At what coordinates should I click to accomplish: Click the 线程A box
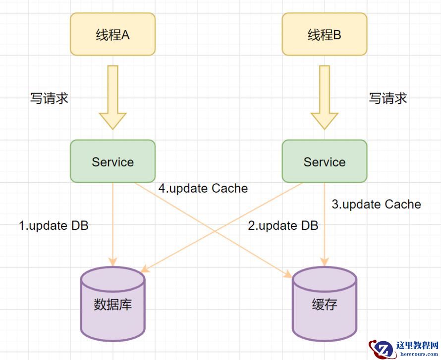click(x=112, y=34)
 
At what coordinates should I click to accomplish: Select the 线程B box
click(x=325, y=34)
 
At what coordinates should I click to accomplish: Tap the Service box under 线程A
click(x=112, y=161)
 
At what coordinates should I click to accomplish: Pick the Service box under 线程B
click(x=325, y=161)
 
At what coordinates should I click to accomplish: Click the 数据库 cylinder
click(x=112, y=303)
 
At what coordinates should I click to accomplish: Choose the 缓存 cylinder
click(x=325, y=303)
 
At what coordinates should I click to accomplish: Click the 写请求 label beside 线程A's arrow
click(x=49, y=98)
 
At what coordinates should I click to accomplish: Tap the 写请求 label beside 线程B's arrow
click(x=388, y=98)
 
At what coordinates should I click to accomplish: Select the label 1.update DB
click(x=54, y=226)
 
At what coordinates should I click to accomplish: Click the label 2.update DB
click(x=283, y=226)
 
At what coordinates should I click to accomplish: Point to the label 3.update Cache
click(x=376, y=204)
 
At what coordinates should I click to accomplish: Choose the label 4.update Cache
click(x=203, y=188)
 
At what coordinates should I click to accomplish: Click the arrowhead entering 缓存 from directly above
click(x=325, y=261)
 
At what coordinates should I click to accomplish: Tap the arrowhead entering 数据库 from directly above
click(x=112, y=261)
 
